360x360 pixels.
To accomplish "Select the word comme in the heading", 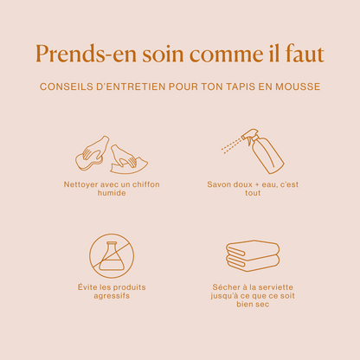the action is (x=227, y=55).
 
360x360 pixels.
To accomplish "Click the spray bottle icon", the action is (x=253, y=151).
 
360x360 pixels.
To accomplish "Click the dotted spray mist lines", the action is (x=231, y=145).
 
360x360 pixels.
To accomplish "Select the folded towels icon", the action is (x=253, y=255).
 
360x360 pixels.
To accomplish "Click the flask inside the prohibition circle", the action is (x=112, y=256).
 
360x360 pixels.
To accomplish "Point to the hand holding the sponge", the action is (x=93, y=150).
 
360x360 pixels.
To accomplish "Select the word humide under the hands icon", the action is (x=112, y=193).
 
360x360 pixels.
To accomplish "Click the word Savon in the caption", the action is (x=217, y=184).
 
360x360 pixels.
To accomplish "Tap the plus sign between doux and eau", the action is (x=258, y=184).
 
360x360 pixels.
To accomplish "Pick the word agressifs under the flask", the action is (x=112, y=296).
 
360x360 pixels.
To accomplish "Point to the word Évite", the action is (x=87, y=286).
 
